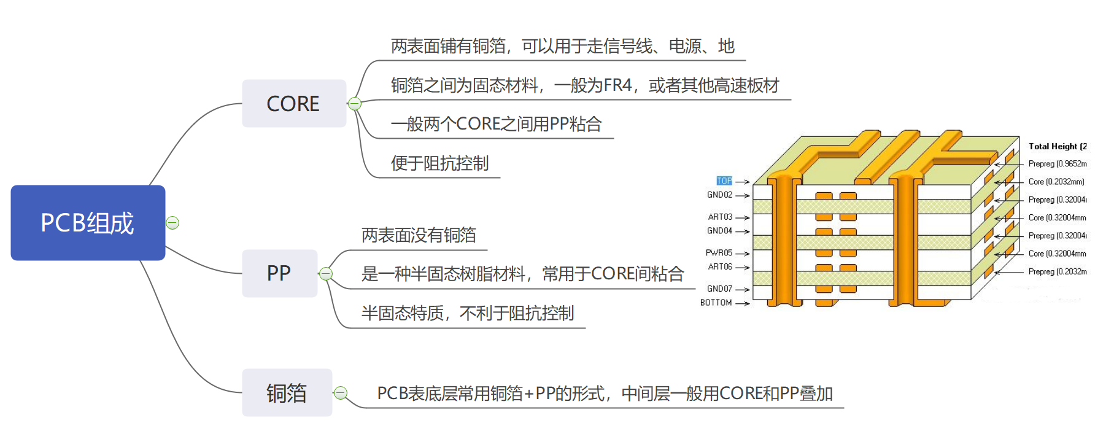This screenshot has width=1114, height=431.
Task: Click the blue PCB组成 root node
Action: pos(88,223)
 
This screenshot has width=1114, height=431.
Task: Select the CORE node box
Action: pos(293,103)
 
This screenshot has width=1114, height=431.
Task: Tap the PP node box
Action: pos(279,273)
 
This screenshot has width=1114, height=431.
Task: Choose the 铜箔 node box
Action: pos(287,393)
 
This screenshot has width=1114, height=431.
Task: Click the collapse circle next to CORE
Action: pos(355,104)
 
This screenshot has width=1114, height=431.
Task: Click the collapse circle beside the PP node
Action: pos(326,274)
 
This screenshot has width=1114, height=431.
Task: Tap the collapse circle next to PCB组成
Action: pos(173,223)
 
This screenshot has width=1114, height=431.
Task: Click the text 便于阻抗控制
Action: pos(439,163)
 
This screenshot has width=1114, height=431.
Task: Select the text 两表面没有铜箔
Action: pos(419,235)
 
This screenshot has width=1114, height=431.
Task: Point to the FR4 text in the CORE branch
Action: pos(617,85)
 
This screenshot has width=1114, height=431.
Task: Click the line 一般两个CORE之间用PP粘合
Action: pos(496,124)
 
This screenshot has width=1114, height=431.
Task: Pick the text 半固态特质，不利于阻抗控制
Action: pos(467,313)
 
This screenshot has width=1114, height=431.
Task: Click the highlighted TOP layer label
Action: pos(724,181)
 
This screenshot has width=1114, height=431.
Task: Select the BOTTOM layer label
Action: pos(716,303)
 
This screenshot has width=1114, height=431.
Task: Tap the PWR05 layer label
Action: pos(719,253)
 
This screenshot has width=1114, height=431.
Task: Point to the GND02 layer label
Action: pos(719,195)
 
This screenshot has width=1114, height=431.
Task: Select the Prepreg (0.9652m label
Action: pos(1057,164)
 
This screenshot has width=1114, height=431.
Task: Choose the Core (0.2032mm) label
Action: pos(1056,182)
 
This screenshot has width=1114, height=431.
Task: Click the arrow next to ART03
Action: pos(743,218)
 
